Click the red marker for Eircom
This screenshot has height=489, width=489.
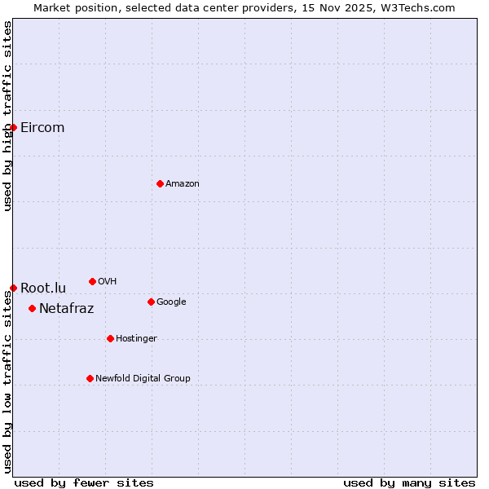click(x=13, y=127)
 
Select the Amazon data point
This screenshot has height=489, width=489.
click(x=160, y=183)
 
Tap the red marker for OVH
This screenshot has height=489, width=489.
click(x=92, y=281)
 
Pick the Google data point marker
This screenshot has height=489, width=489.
click(x=151, y=302)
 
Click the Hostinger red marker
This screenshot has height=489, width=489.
click(x=110, y=338)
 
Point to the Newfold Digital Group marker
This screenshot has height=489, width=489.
click(x=90, y=378)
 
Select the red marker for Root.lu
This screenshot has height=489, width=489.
click(x=13, y=288)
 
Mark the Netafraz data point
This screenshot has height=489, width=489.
click(x=32, y=308)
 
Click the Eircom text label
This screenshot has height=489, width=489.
click(x=42, y=127)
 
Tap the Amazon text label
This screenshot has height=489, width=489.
click(x=183, y=183)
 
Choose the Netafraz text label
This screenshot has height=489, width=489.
click(x=66, y=308)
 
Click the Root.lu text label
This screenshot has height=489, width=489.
click(x=43, y=288)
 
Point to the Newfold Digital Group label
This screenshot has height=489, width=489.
click(x=143, y=378)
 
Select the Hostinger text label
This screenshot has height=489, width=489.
click(x=136, y=338)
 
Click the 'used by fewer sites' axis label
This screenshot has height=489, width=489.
click(x=84, y=482)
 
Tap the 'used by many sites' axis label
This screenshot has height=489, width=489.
click(x=409, y=482)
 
